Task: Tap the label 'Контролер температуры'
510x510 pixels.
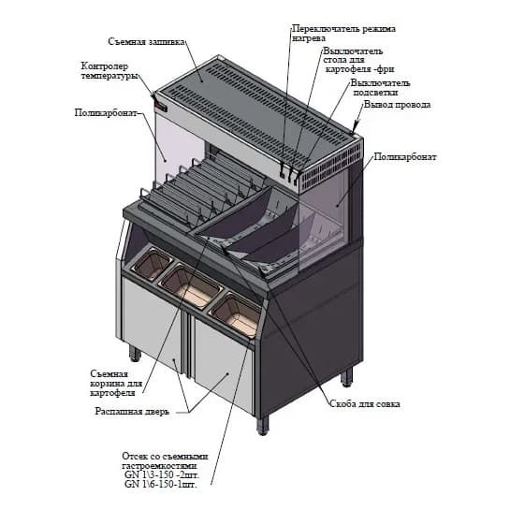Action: click(109, 71)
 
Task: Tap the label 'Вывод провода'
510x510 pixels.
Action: click(397, 105)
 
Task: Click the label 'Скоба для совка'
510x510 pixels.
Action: click(365, 404)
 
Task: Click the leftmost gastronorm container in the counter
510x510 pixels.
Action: click(153, 265)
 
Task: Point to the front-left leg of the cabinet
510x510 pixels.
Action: click(136, 354)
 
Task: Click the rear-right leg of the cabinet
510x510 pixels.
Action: click(347, 376)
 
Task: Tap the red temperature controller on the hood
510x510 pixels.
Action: click(160, 105)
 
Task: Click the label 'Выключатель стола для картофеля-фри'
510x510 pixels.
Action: click(353, 60)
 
